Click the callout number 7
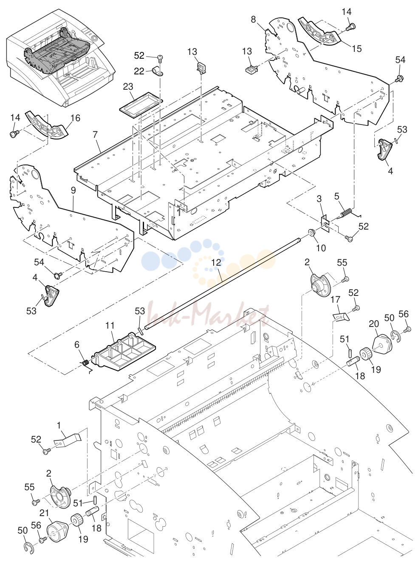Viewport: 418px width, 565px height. point(95,135)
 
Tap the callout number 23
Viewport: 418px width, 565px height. point(128,87)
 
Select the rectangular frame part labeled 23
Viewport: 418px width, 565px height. point(141,105)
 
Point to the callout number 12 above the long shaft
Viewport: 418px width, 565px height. point(216,262)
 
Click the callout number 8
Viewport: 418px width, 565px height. point(253,20)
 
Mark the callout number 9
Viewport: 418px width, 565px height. point(73,191)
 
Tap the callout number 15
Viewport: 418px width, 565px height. point(357,48)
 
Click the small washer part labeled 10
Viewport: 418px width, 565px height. point(311,232)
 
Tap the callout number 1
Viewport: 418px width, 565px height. point(59,425)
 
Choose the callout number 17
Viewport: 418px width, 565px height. point(335,300)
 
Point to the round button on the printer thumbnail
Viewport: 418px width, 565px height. point(95,39)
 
